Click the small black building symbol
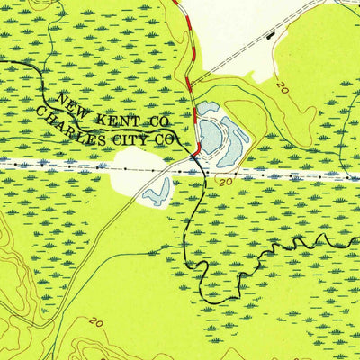271,35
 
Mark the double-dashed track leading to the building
234,58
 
